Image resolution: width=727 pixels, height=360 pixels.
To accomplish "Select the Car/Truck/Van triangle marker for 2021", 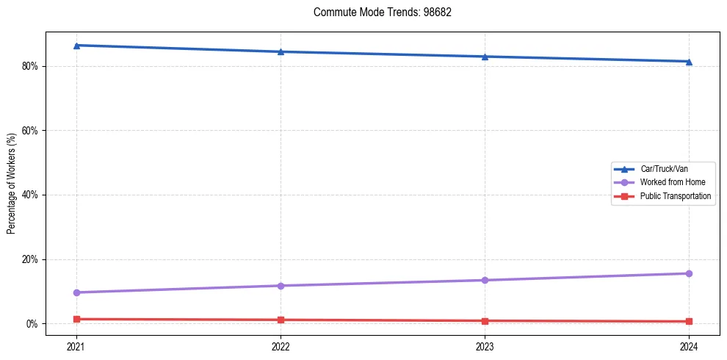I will pos(76,46).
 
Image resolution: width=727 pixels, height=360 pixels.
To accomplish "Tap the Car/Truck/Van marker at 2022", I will pos(281,51).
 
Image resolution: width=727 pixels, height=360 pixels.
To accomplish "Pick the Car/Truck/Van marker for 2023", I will pos(485,57).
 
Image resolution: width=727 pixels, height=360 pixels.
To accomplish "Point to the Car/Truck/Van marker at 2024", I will pos(689,62).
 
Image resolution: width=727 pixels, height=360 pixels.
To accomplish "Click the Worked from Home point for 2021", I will pos(76,292).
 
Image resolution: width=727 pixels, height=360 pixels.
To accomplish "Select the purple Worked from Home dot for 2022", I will pos(281,286).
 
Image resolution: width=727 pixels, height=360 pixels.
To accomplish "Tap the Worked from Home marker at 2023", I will pos(485,280).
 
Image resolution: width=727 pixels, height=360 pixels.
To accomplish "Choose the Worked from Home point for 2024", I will pos(689,273).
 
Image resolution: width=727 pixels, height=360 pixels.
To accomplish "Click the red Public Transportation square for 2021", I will pos(76,319).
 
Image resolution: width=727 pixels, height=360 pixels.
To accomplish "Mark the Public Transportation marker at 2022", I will pos(281,320).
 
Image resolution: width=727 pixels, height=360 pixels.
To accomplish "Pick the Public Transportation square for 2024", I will pos(689,321).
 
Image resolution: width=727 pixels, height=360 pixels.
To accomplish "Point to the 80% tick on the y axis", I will pos(31,66).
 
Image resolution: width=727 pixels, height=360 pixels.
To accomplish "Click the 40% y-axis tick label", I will pos(31,195).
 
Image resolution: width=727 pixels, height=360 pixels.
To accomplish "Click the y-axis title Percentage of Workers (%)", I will pos(11,184).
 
